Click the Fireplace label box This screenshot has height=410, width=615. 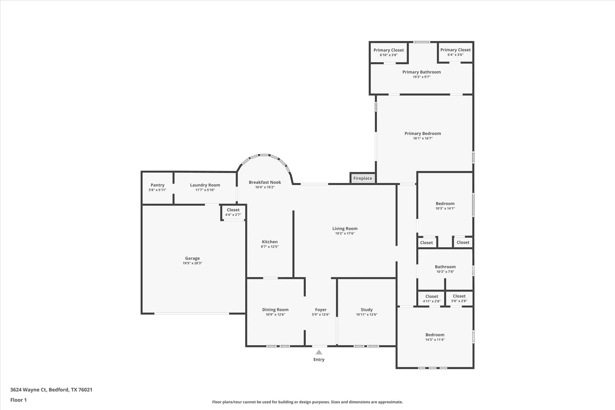(x=363, y=178)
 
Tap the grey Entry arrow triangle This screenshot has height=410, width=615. (x=319, y=352)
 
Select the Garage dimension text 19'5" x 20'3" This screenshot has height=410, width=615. (x=192, y=263)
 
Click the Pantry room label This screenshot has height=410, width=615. (x=157, y=185)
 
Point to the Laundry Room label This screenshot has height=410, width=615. (x=205, y=185)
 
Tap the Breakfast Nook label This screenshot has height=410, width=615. (x=265, y=182)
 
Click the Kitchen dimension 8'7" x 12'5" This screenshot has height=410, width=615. (x=270, y=247)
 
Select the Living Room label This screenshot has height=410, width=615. (x=345, y=229)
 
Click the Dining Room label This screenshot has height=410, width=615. (x=275, y=310)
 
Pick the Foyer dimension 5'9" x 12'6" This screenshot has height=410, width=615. (x=321, y=314)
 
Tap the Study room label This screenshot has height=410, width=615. (x=367, y=310)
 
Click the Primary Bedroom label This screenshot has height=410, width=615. (x=423, y=134)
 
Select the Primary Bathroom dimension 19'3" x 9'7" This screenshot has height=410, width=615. (x=421, y=77)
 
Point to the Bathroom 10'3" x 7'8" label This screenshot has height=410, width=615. (x=445, y=267)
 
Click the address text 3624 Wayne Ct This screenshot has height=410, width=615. (x=29, y=390)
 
